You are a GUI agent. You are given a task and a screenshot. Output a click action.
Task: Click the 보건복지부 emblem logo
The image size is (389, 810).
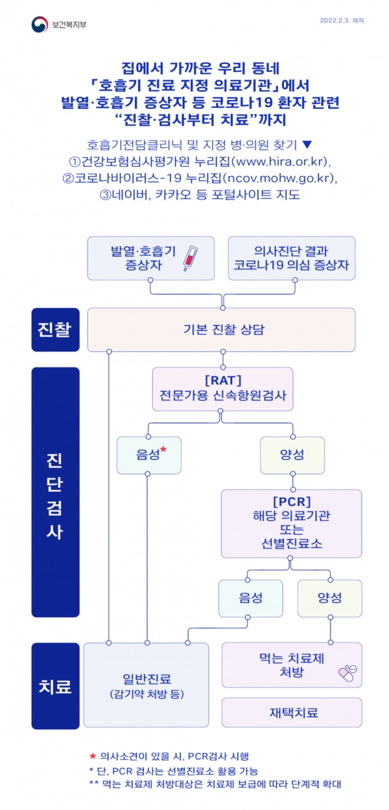[40, 24]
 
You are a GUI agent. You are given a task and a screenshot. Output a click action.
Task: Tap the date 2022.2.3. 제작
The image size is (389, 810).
[342, 20]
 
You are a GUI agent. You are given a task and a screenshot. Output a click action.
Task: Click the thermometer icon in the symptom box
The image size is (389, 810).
[191, 258]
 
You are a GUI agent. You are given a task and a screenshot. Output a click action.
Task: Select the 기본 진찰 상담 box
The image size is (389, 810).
[221, 330]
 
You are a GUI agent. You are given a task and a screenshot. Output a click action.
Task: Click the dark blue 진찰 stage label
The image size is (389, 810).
[55, 330]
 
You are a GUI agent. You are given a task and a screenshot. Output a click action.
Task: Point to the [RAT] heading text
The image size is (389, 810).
[223, 380]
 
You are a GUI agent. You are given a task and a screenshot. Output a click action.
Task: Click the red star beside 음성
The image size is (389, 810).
[163, 449]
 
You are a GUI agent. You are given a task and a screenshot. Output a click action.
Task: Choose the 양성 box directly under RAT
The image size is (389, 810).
[292, 455]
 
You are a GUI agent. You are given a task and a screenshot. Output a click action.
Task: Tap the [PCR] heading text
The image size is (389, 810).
[292, 502]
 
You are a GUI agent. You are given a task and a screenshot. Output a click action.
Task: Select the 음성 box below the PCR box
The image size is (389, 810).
[251, 598]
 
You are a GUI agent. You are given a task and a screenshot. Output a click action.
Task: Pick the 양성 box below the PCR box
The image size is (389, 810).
[330, 598]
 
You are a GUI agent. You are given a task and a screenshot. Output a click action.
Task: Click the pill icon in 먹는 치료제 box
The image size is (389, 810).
[347, 673]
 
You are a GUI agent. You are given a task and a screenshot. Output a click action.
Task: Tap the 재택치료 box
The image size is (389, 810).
[292, 712]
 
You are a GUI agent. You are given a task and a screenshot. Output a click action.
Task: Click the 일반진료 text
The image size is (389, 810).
[147, 679]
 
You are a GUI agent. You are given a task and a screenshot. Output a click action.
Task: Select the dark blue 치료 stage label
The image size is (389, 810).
[55, 685]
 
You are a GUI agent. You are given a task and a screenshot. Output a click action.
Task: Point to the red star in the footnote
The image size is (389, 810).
[93, 755]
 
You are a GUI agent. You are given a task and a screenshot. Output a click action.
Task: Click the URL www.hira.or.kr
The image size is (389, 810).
[281, 161]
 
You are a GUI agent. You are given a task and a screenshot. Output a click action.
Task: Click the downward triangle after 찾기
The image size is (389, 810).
[307, 145]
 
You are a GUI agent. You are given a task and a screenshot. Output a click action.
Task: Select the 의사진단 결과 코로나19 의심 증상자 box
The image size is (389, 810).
[292, 258]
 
